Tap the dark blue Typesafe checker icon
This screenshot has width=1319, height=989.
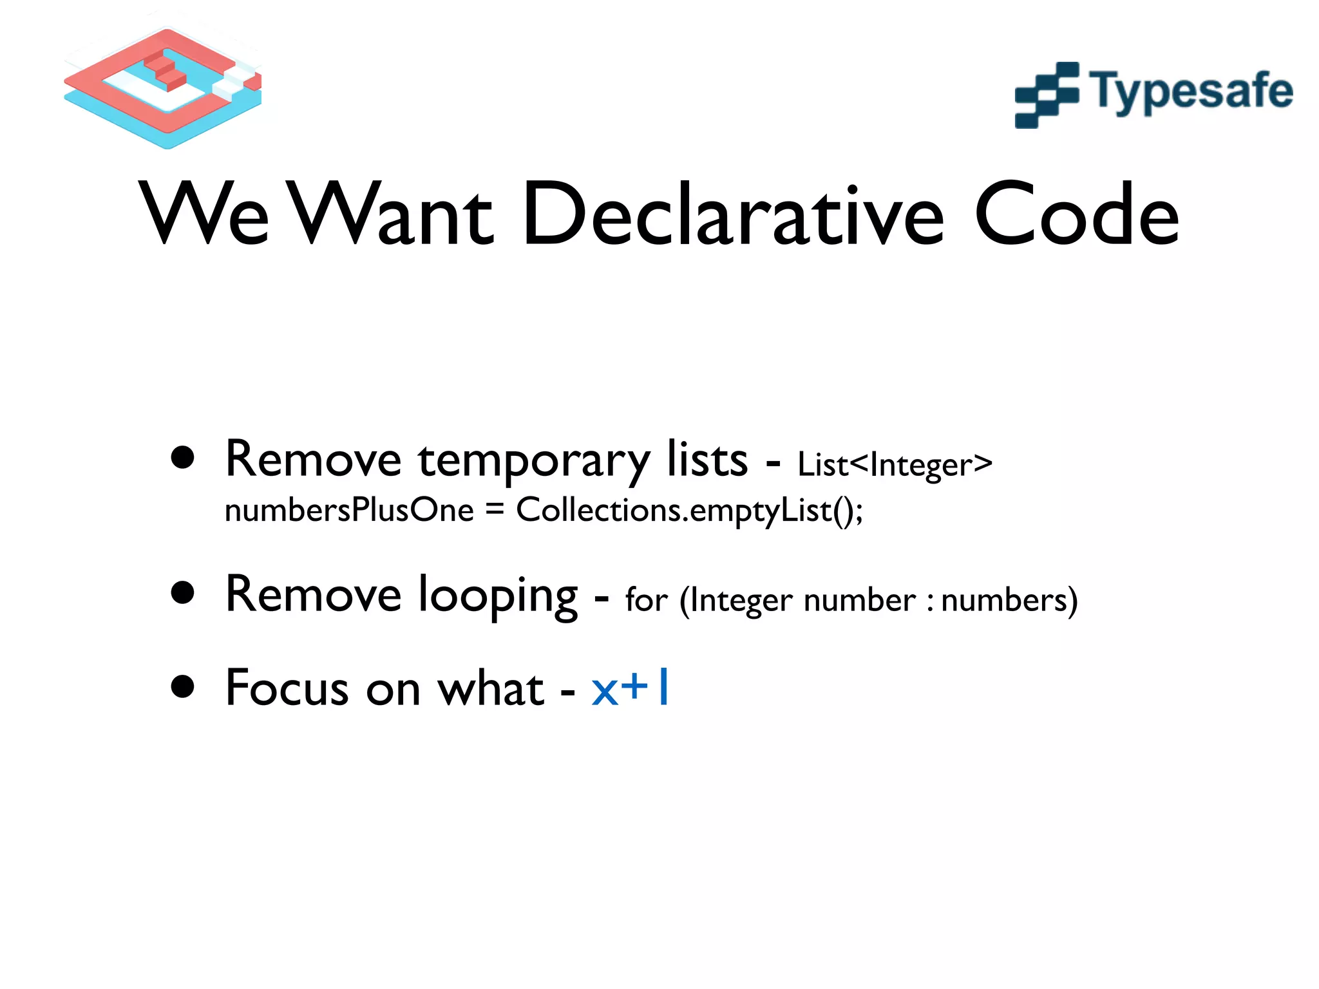[x=1047, y=95]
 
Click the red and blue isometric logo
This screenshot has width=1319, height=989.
[x=164, y=87]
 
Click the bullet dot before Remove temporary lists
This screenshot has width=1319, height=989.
[x=183, y=458]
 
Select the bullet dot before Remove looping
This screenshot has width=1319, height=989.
[x=183, y=593]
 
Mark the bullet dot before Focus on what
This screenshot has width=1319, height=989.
[x=183, y=686]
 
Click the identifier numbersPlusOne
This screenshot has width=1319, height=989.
[x=349, y=511]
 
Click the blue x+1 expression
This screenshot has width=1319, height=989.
[x=631, y=688]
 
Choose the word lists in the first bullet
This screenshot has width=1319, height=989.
[x=707, y=460]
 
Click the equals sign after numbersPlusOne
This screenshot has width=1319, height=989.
[x=494, y=509]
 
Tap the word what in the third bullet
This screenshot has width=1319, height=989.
[x=490, y=688]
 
